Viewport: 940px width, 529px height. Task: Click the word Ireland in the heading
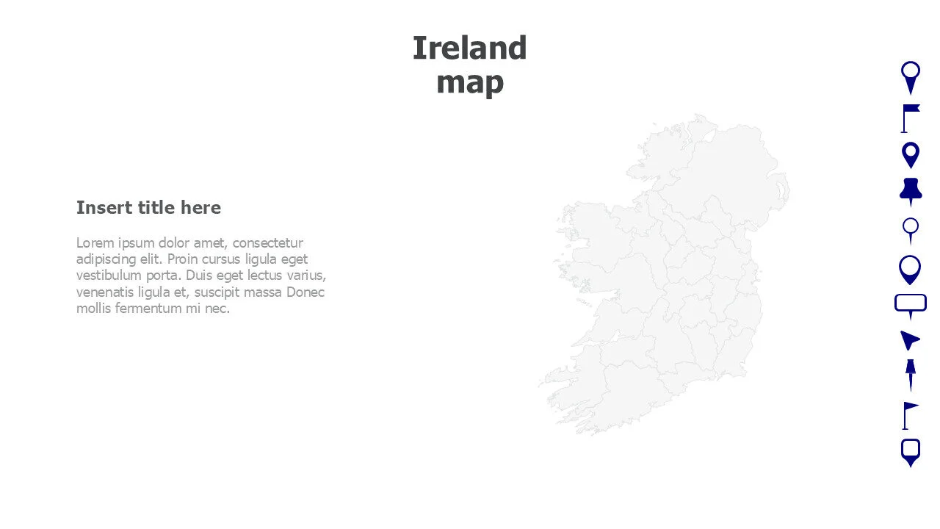pos(469,48)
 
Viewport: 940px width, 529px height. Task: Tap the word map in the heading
pos(469,82)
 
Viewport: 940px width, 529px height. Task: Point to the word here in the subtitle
pos(200,208)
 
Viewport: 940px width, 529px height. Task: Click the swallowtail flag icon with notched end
pos(910,118)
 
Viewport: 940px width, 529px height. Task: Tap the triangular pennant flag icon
pos(910,414)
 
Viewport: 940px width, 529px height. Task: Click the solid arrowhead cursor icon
pos(910,340)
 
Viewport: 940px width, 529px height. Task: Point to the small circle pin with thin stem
pos(911,230)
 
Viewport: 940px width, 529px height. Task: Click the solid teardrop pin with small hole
pos(911,155)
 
